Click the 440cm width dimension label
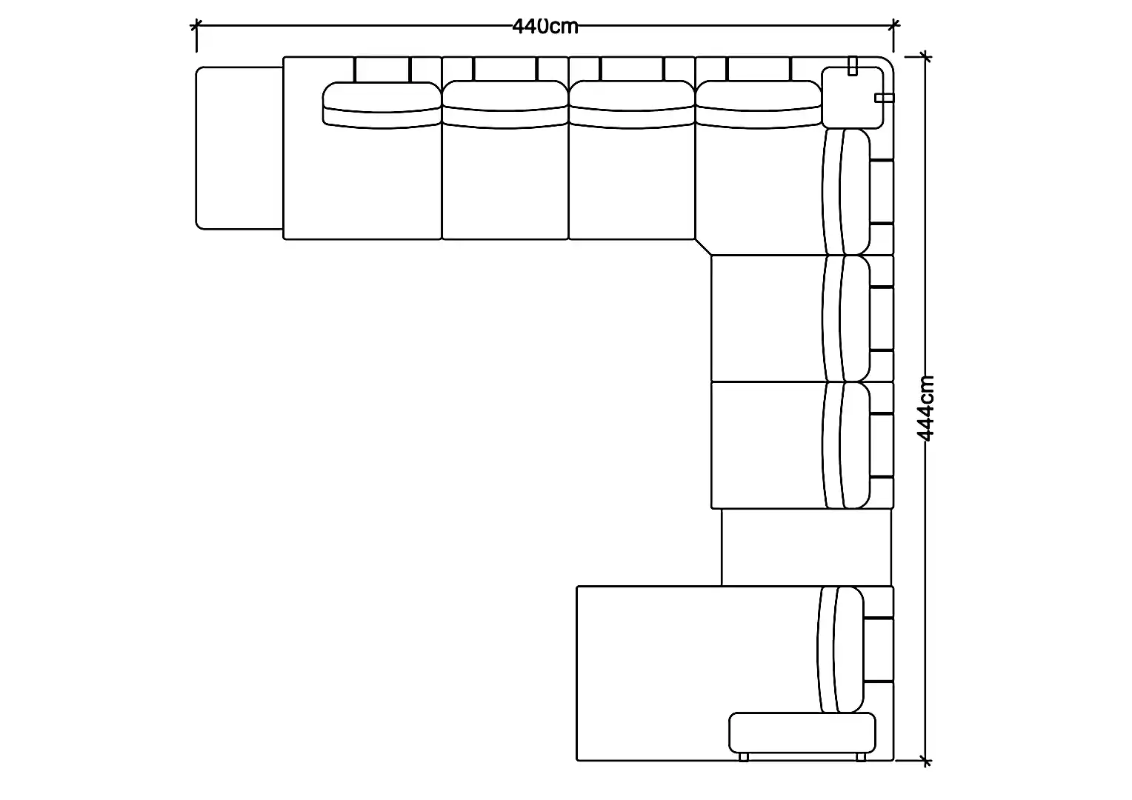point(545,26)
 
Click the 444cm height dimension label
point(925,408)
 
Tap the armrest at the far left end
point(239,148)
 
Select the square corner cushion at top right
point(853,98)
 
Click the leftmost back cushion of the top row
point(382,105)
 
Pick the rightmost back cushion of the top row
point(759,104)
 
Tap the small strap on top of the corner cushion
point(853,66)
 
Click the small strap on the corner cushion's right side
point(885,98)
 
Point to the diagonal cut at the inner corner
point(704,247)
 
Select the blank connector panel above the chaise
point(807,547)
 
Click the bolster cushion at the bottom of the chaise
point(802,733)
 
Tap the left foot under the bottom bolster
point(743,757)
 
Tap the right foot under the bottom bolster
point(861,757)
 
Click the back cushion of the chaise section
point(840,650)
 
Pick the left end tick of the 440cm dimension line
point(196,24)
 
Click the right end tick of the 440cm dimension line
point(893,24)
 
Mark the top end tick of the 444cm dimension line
point(925,56)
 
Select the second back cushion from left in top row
point(505,104)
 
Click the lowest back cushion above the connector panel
point(847,445)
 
